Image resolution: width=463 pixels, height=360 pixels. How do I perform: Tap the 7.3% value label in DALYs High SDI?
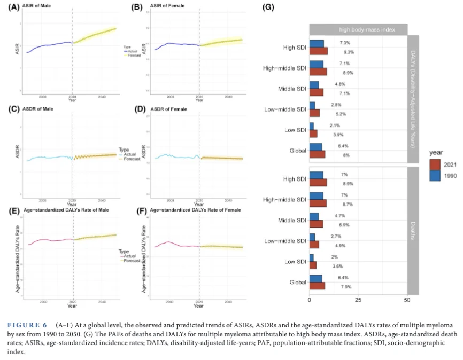pos(345,43)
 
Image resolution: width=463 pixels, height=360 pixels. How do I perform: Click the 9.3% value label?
pos(349,52)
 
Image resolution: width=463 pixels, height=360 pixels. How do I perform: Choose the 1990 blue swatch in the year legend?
pos(436,175)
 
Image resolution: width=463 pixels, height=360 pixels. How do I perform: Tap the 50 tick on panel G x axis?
pos(407,300)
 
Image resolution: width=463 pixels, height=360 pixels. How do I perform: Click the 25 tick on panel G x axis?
pos(358,300)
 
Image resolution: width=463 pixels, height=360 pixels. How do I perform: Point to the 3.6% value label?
pos(337,265)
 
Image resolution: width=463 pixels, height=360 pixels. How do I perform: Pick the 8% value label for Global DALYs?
pos(346,155)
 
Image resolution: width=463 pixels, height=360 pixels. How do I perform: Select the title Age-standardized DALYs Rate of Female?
pos(196,210)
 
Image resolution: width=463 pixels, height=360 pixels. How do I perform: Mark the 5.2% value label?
pos(341,114)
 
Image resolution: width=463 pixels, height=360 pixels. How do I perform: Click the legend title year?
pos(436,153)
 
